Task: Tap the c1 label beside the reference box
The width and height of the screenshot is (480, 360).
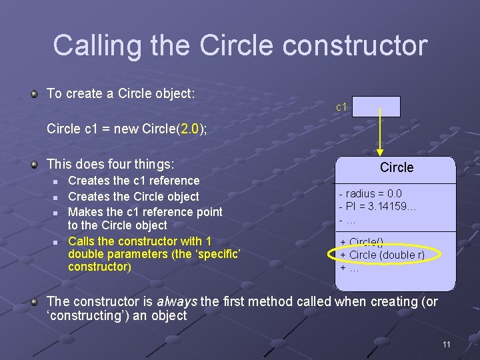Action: pyautogui.click(x=341, y=107)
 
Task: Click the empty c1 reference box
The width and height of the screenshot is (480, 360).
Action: pyautogui.click(x=376, y=107)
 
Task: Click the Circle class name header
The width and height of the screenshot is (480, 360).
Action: pyautogui.click(x=397, y=168)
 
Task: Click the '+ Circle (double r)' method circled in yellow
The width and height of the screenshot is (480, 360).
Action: pyautogui.click(x=382, y=255)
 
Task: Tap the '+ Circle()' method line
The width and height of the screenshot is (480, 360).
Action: pyautogui.click(x=362, y=243)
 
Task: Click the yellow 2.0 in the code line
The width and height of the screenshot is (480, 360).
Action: pyautogui.click(x=189, y=129)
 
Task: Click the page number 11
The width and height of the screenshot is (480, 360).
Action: pyautogui.click(x=447, y=345)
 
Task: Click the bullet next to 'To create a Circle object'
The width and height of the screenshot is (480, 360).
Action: pyautogui.click(x=34, y=94)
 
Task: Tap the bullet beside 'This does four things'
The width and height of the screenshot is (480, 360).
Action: pyautogui.click(x=34, y=164)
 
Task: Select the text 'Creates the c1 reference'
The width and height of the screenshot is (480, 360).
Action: pyautogui.click(x=134, y=181)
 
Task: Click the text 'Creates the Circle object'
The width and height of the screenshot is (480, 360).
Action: pyautogui.click(x=133, y=197)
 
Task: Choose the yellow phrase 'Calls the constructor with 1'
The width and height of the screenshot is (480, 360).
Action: pyautogui.click(x=140, y=241)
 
